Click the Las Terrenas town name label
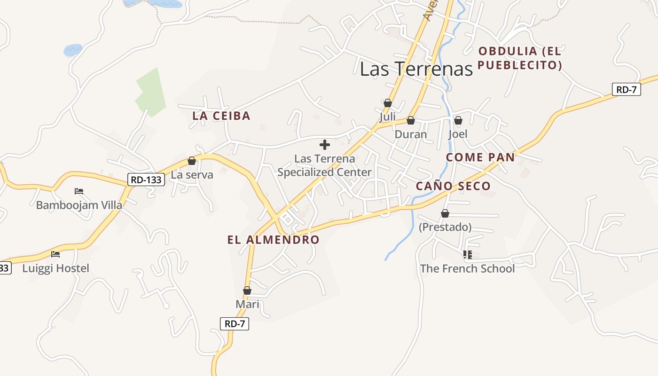coord(416,69)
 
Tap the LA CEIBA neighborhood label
coord(221,116)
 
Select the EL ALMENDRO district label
coord(273,240)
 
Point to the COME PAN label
coord(480,157)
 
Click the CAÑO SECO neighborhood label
coord(453,186)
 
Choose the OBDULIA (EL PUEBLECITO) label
coord(520,58)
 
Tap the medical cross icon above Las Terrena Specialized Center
coord(325,145)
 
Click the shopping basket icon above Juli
coord(388,103)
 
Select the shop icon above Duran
coord(411,121)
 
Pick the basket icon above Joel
coord(458,121)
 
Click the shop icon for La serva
coord(192,161)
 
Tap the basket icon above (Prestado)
coord(445,214)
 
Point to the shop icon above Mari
coord(247,291)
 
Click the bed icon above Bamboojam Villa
coord(79,191)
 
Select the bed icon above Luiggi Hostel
coord(55,254)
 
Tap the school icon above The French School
coord(467,255)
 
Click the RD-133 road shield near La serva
coord(146,179)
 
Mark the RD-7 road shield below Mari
coord(235,323)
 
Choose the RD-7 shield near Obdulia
coord(627,89)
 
